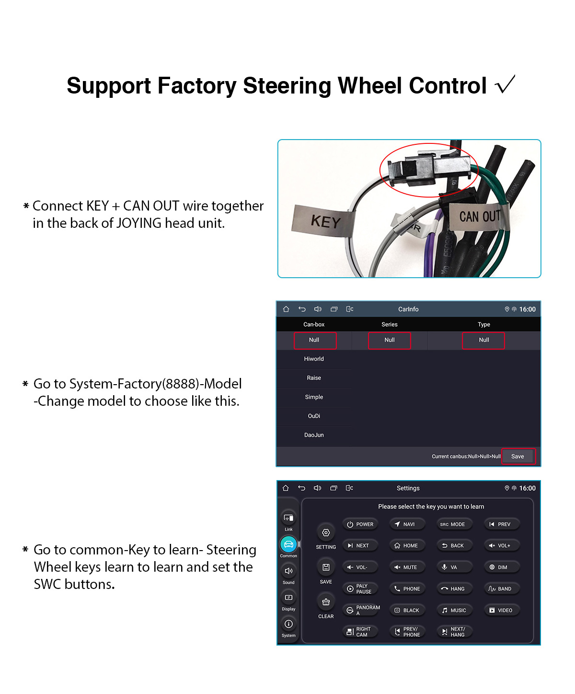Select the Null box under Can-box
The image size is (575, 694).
click(x=314, y=340)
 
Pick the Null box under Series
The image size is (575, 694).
click(x=389, y=340)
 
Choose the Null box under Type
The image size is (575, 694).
click(x=483, y=340)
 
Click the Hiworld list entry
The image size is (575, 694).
click(x=314, y=359)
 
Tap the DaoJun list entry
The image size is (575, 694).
click(x=314, y=435)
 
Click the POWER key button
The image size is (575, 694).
click(x=360, y=524)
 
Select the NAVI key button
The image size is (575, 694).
click(x=407, y=524)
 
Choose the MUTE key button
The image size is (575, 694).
click(x=407, y=567)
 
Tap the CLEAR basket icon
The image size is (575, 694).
click(x=326, y=602)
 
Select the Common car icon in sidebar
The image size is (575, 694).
click(x=288, y=544)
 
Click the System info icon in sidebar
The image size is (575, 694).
click(x=288, y=624)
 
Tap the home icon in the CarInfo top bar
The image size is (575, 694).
click(x=286, y=309)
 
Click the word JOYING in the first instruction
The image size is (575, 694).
click(x=139, y=223)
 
